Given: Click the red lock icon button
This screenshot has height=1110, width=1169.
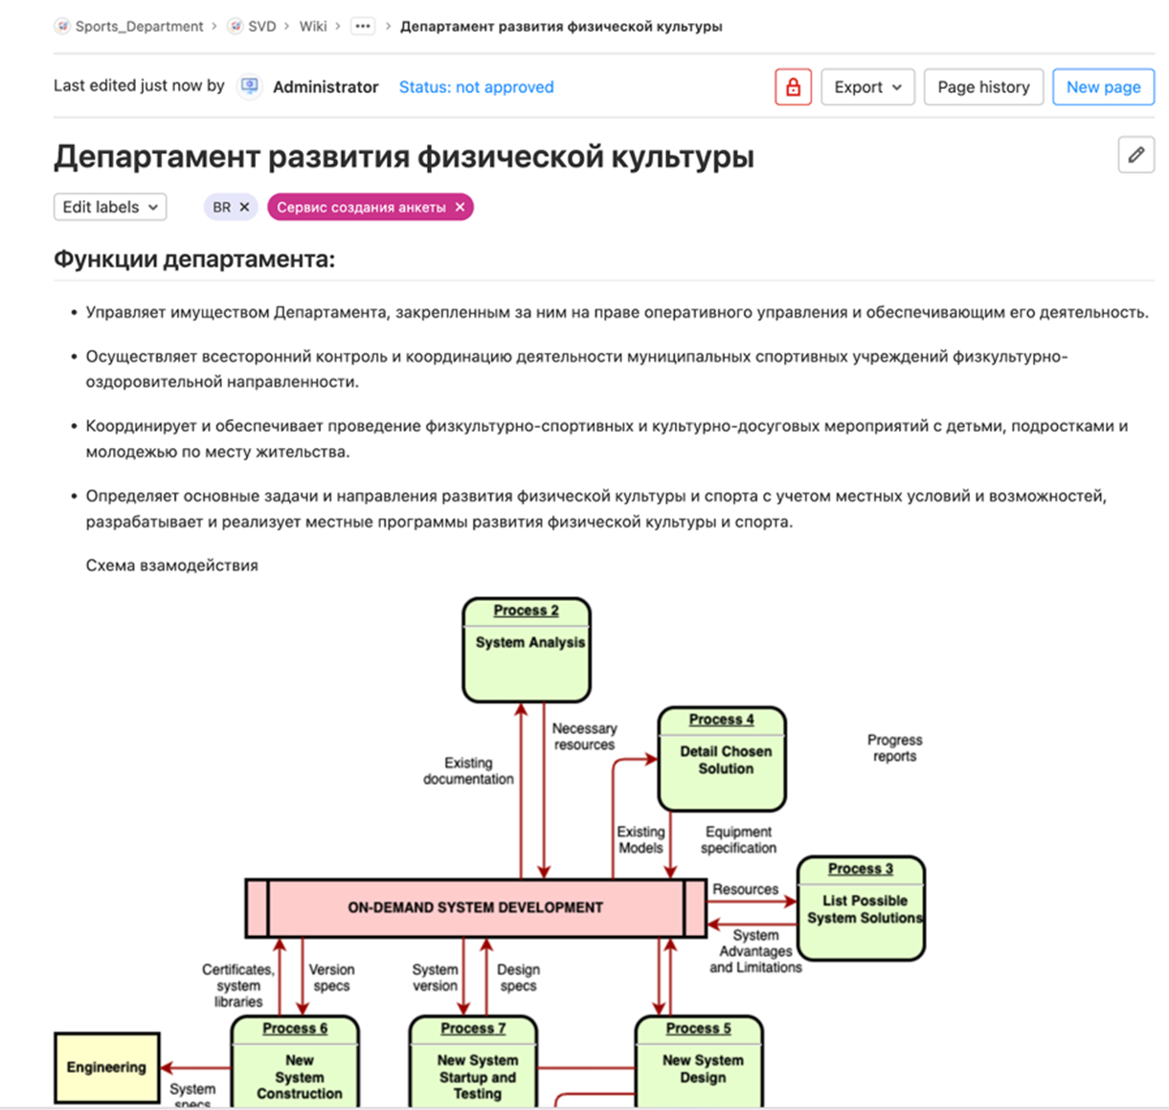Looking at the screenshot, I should pyautogui.click(x=793, y=87).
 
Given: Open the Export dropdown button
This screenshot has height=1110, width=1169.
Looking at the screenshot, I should pyautogui.click(x=867, y=87).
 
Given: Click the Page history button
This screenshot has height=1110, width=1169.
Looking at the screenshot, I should pyautogui.click(x=983, y=87).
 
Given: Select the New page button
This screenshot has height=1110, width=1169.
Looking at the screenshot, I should pyautogui.click(x=1103, y=87).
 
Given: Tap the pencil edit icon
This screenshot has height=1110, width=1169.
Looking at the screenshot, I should pyautogui.click(x=1135, y=155).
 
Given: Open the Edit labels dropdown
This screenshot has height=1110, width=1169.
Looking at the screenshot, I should pyautogui.click(x=110, y=207).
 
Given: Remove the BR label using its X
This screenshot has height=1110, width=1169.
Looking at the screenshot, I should pyautogui.click(x=244, y=207).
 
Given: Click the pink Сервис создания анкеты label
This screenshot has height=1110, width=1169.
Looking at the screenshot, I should pyautogui.click(x=361, y=207).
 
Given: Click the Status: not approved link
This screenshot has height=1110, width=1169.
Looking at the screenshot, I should pyautogui.click(x=476, y=87).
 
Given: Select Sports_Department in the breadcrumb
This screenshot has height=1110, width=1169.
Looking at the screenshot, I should pyautogui.click(x=139, y=27).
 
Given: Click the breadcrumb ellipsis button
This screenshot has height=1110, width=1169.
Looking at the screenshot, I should pyautogui.click(x=362, y=27).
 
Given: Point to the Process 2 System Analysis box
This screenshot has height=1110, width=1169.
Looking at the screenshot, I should pyautogui.click(x=527, y=651).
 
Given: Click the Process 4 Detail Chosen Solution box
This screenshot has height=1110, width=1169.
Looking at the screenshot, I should pyautogui.click(x=722, y=760).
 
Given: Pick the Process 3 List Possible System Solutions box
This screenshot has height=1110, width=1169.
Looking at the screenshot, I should pyautogui.click(x=862, y=909).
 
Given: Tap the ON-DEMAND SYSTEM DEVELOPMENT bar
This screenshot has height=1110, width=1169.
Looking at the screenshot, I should pyautogui.click(x=475, y=907).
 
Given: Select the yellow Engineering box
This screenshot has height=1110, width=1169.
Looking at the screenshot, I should pyautogui.click(x=106, y=1067).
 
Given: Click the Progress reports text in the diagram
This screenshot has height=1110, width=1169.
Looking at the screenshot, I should pyautogui.click(x=894, y=748).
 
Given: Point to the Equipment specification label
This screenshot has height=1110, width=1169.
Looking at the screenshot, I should pyautogui.click(x=738, y=840).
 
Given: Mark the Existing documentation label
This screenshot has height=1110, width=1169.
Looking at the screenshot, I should pyautogui.click(x=468, y=771).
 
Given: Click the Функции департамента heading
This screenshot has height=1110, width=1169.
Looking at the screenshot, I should pyautogui.click(x=194, y=259).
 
